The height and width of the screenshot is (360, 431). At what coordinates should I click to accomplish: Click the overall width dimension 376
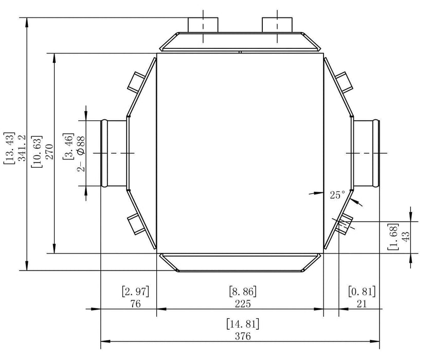(242, 337)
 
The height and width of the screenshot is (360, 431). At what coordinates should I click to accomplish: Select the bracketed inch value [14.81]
(242, 325)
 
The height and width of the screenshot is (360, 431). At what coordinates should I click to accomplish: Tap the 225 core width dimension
(242, 303)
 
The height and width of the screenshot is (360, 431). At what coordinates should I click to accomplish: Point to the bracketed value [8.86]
(242, 291)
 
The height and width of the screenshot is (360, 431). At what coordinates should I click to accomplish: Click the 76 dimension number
(136, 303)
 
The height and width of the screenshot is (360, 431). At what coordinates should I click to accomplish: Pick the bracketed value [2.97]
(136, 291)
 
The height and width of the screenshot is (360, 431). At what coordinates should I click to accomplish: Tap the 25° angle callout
(337, 195)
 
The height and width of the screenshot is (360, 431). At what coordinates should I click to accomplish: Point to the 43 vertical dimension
(406, 237)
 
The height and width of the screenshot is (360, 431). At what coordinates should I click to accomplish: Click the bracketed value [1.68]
(394, 237)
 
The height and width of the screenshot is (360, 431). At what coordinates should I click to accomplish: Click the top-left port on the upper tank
(203, 25)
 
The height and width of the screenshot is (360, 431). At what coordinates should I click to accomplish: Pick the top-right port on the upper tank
(277, 25)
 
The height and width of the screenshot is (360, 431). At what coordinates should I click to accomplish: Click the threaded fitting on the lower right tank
(343, 224)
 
